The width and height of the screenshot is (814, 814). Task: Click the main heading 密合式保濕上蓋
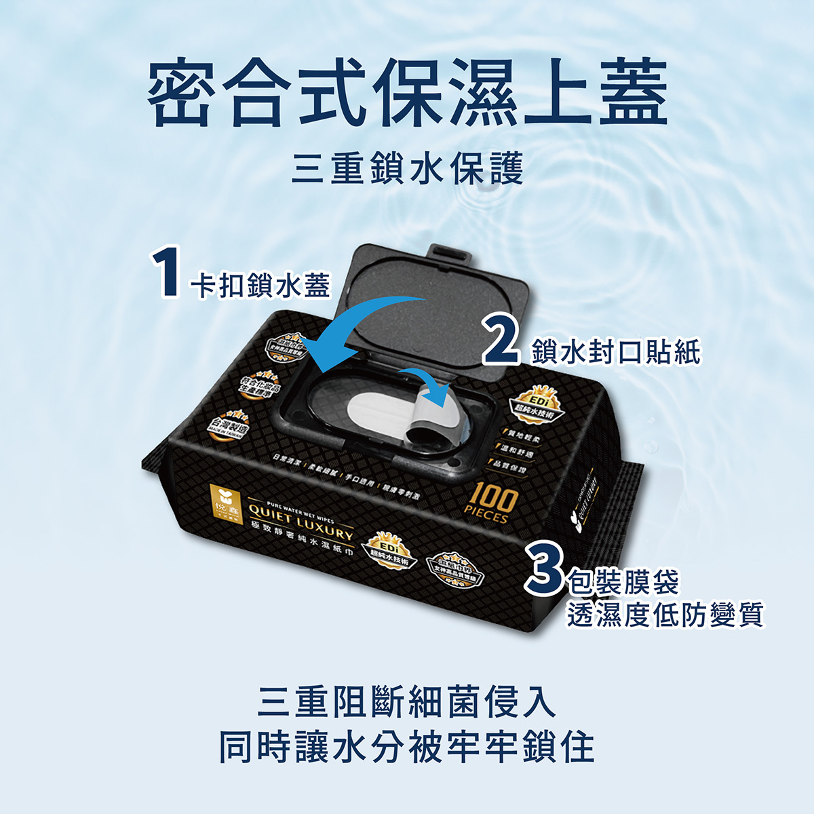(408, 93)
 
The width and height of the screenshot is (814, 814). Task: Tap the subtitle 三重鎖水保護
(407, 168)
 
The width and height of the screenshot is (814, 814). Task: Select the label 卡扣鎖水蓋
(260, 285)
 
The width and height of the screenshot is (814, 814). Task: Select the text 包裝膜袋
(623, 581)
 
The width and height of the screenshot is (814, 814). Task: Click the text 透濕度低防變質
(665, 614)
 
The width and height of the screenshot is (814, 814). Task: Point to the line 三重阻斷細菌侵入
(407, 703)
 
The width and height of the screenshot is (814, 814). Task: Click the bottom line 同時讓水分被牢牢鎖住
(407, 747)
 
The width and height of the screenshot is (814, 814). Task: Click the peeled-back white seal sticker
(407, 420)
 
